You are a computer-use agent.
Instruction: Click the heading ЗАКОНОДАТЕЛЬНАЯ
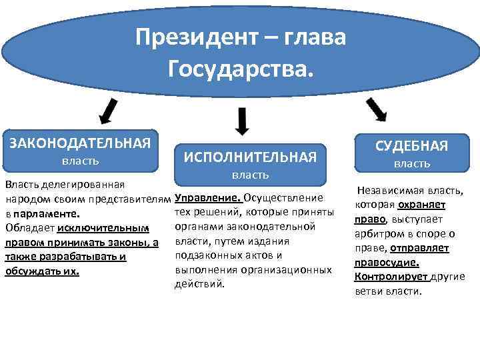coord(79,142)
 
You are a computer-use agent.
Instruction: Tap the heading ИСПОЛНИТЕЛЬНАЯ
coord(249,157)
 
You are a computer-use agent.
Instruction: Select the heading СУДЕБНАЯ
coord(412,146)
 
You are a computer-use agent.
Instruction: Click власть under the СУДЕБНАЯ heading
coord(412,164)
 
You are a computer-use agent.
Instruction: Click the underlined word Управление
coord(207,198)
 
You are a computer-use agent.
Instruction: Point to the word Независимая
coord(387,191)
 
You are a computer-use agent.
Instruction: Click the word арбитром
coord(377,234)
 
